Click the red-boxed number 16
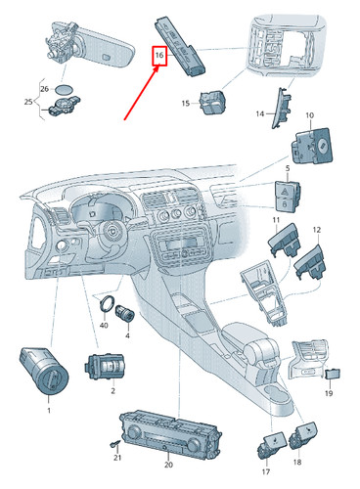click(158, 57)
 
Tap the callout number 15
click(185, 103)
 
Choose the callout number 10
click(309, 116)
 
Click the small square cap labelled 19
click(333, 372)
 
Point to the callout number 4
click(127, 335)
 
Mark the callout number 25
click(27, 102)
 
